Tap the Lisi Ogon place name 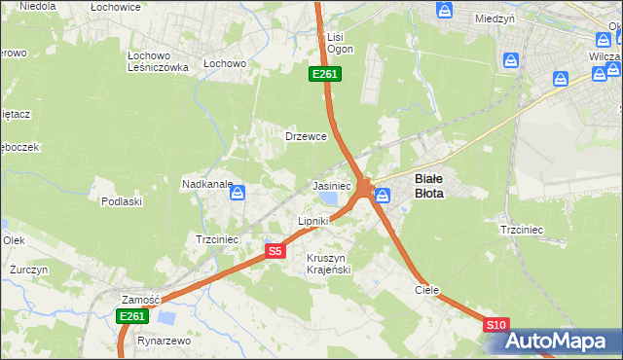pyautogui.click(x=340, y=43)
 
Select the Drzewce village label pyautogui.click(x=306, y=136)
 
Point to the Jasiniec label pyautogui.click(x=331, y=185)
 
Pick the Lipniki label pyautogui.click(x=313, y=221)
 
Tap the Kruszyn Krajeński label pyautogui.click(x=328, y=264)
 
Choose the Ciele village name pyautogui.click(x=427, y=290)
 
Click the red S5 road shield pyautogui.click(x=275, y=251)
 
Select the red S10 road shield pyautogui.click(x=495, y=325)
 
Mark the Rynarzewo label pyautogui.click(x=164, y=342)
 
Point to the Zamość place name pyautogui.click(x=140, y=300)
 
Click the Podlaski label pyautogui.click(x=122, y=201)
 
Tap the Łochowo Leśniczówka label pyautogui.click(x=158, y=60)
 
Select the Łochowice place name pyautogui.click(x=116, y=7)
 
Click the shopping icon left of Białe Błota pyautogui.click(x=384, y=195)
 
